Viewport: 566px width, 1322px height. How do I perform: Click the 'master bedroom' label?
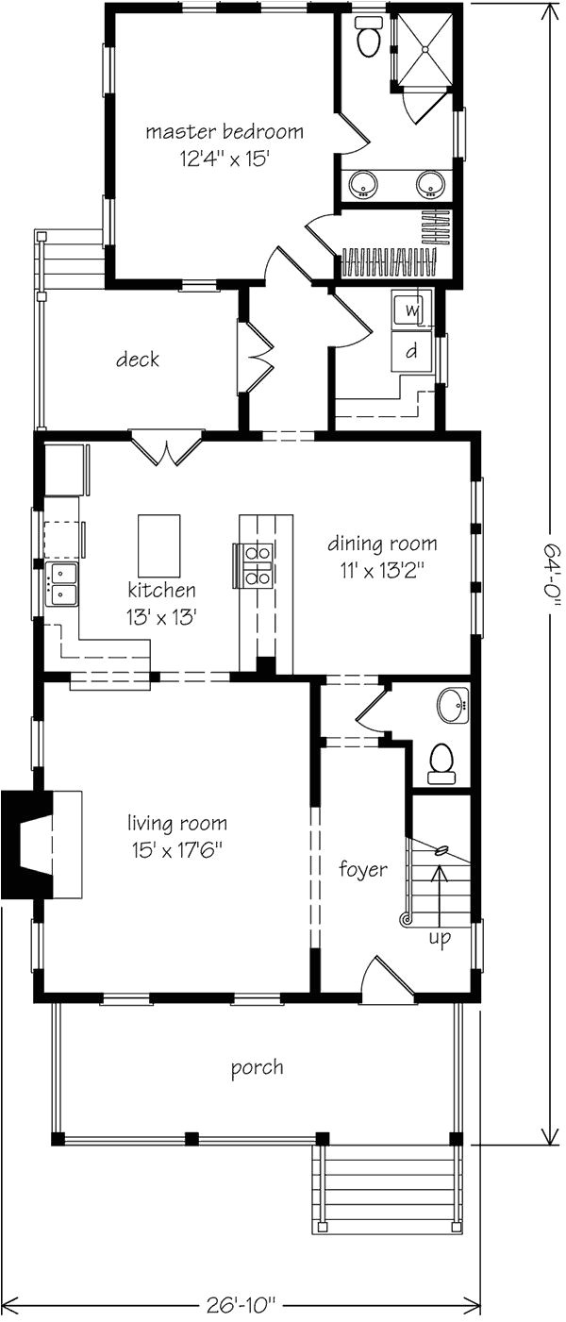(x=224, y=131)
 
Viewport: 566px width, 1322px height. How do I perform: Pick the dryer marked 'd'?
(x=412, y=351)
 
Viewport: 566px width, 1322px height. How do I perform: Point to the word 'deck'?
(x=138, y=360)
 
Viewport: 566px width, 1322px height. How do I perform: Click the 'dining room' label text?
(x=382, y=544)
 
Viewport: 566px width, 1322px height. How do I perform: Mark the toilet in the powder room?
(x=441, y=761)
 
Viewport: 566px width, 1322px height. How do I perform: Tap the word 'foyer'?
(x=363, y=869)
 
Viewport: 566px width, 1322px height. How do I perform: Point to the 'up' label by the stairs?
(x=440, y=938)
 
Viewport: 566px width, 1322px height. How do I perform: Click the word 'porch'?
(x=258, y=1068)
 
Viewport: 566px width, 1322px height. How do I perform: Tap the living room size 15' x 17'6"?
(x=180, y=847)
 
